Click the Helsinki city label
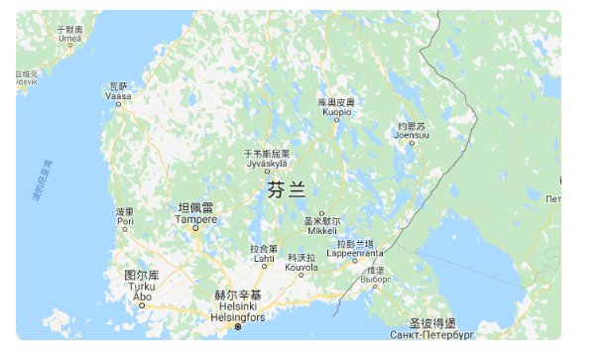coord(238,306)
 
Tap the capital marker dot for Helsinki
coord(237,326)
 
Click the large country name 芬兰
coord(287,190)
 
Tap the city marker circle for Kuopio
coord(335,123)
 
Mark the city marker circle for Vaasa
coord(118,102)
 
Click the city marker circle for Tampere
coord(195,228)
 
